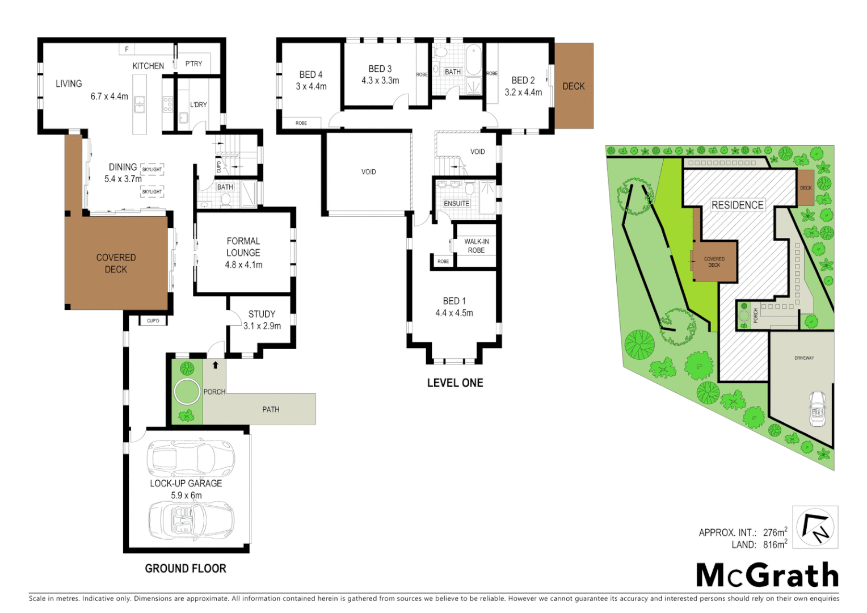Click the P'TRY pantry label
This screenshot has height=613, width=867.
pyautogui.click(x=193, y=64)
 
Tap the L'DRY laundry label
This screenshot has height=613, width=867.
pyautogui.click(x=199, y=104)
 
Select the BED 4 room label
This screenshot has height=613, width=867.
pyautogui.click(x=311, y=74)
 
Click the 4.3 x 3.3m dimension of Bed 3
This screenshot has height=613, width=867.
pyautogui.click(x=380, y=81)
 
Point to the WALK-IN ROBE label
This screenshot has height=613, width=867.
pyautogui.click(x=476, y=246)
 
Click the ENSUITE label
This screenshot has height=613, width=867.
pyautogui.click(x=456, y=203)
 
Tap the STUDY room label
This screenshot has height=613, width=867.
pyautogui.click(x=262, y=314)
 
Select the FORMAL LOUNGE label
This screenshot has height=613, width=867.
pyautogui.click(x=243, y=247)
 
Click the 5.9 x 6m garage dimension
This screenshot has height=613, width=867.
pyautogui.click(x=186, y=495)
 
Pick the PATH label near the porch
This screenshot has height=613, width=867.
pyautogui.click(x=271, y=409)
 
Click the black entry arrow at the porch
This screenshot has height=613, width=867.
pyautogui.click(x=215, y=365)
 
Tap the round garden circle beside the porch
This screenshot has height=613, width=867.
pyautogui.click(x=187, y=392)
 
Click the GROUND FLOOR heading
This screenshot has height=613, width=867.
pyautogui.click(x=186, y=568)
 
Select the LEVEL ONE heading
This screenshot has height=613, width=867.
pyautogui.click(x=455, y=383)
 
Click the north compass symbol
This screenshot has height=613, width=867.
pyautogui.click(x=815, y=527)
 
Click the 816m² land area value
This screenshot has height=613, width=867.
pyautogui.click(x=775, y=544)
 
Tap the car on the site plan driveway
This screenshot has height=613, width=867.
pyautogui.click(x=817, y=408)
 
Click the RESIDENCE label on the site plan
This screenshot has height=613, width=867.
pyautogui.click(x=737, y=205)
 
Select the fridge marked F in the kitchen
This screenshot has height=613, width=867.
pyautogui.click(x=127, y=49)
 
